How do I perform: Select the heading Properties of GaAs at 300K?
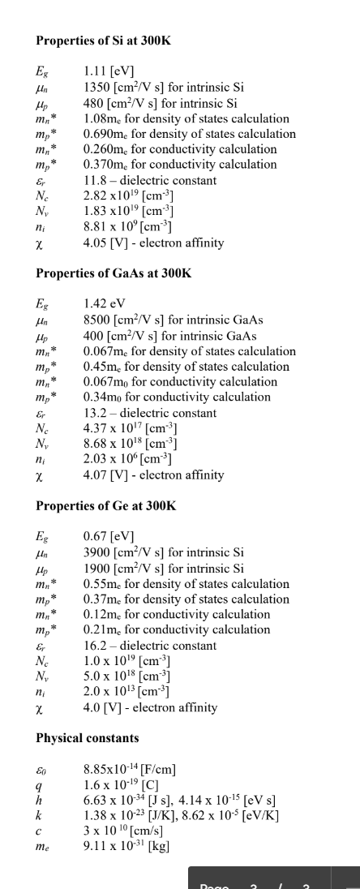tap(114, 273)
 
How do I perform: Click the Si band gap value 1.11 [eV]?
tap(109, 72)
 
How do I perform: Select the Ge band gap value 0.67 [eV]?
tap(109, 538)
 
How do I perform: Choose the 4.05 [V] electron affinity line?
tap(153, 242)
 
